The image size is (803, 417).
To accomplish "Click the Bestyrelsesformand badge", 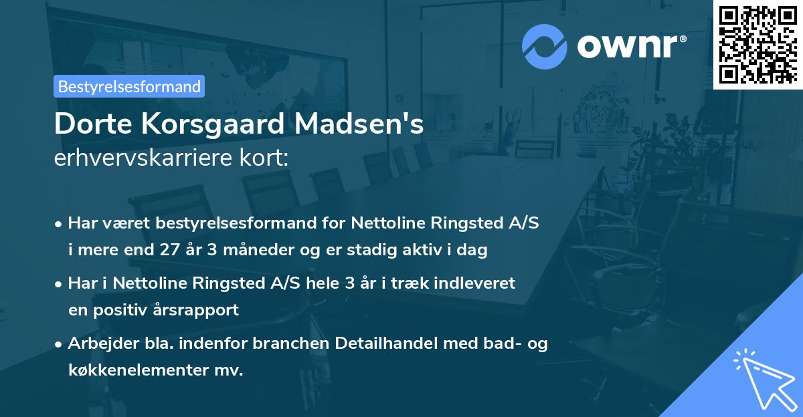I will coord(129,86).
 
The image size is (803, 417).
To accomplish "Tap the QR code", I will coord(757,45).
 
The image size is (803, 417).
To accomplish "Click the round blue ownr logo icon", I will coord(545,46).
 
